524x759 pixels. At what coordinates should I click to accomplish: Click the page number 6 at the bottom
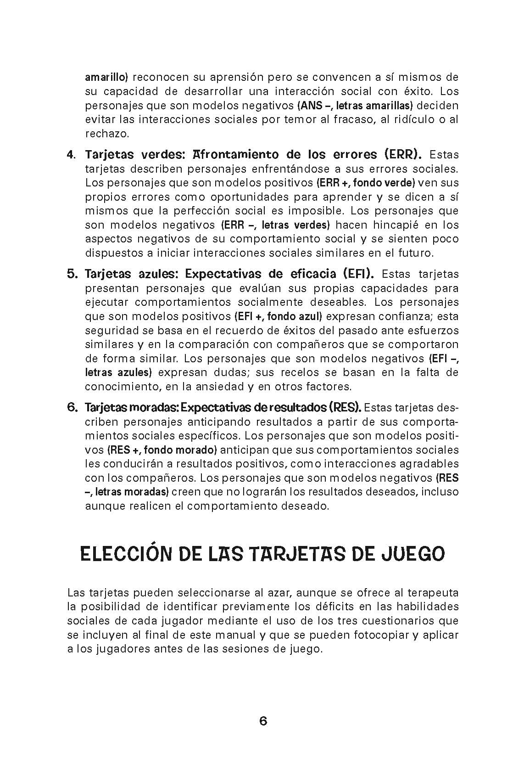[263, 721]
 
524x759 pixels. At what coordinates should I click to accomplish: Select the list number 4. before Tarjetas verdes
[72, 154]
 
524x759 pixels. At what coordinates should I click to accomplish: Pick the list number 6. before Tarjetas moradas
[72, 407]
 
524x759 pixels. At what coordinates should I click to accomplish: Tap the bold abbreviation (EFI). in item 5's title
[358, 274]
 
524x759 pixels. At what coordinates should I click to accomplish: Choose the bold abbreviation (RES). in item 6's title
[345, 407]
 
